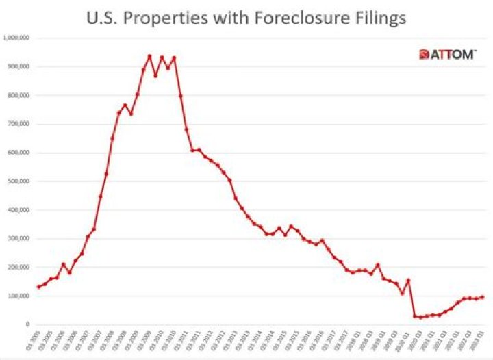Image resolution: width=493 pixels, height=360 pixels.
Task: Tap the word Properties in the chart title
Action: tap(171, 18)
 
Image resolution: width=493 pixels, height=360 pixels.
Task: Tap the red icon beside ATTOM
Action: tap(424, 55)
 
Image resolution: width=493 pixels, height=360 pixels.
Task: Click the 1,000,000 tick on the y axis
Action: tap(16, 38)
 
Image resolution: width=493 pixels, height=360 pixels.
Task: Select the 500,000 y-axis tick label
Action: tap(18, 182)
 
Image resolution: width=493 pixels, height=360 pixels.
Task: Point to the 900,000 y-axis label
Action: tap(18, 67)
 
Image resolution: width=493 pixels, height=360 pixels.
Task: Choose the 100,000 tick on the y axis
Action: tap(18, 296)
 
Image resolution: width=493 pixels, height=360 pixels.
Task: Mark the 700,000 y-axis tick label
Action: tap(18, 125)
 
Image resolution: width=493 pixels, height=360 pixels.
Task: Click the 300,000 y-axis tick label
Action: tap(18, 240)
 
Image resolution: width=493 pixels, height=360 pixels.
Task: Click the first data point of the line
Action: tap(38, 287)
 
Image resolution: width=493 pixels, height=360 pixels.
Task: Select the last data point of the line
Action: tap(483, 297)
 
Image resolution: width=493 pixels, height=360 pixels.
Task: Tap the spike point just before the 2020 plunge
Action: tap(408, 280)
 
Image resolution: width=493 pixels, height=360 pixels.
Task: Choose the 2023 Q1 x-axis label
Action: tap(483, 342)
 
